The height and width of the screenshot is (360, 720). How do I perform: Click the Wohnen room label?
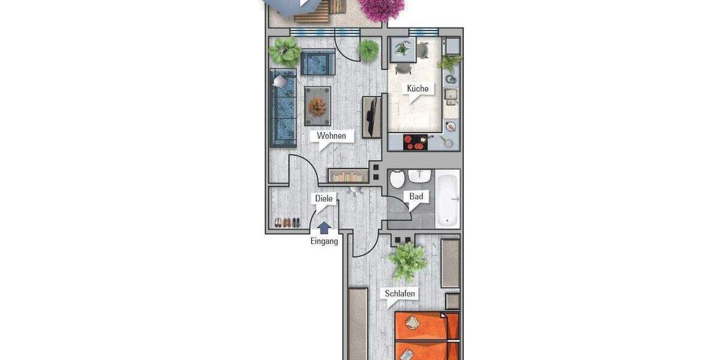[x=332, y=136]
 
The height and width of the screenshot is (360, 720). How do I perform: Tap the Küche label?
[x=418, y=89]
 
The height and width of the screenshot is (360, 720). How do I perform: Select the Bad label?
[x=416, y=196]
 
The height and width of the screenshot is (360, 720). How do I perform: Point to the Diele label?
[x=323, y=199]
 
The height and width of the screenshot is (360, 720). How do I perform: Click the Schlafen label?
[x=400, y=294]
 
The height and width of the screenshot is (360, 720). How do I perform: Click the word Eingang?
[x=324, y=241]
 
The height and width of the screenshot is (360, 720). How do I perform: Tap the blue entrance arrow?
[x=323, y=227]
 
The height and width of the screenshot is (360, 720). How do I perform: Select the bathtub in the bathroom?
[x=447, y=200]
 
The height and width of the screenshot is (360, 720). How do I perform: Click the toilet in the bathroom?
[x=396, y=179]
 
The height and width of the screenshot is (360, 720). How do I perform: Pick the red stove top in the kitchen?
[x=415, y=142]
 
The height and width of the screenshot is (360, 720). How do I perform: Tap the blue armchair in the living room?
[x=317, y=62]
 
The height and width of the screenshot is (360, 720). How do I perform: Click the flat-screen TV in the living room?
[x=372, y=116]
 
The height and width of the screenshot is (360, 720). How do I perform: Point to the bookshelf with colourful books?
[x=348, y=176]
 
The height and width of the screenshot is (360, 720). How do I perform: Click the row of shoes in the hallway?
[x=287, y=223]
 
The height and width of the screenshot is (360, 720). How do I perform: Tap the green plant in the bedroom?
[x=407, y=261]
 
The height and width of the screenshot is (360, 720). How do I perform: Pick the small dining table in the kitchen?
[x=403, y=49]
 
